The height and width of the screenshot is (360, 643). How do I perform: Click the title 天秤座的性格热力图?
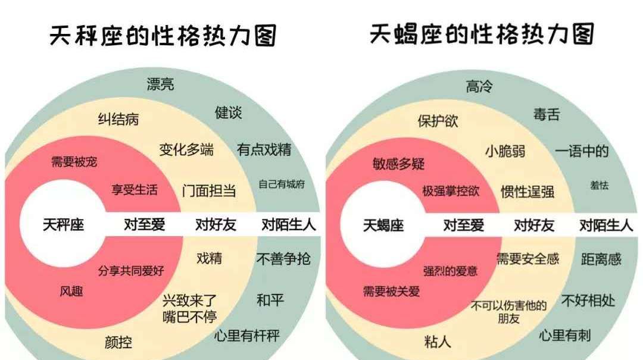click(x=163, y=36)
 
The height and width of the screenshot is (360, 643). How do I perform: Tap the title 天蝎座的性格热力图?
click(x=482, y=34)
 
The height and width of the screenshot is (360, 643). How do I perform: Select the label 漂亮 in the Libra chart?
click(x=161, y=84)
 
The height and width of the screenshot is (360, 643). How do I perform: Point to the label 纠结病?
click(x=118, y=119)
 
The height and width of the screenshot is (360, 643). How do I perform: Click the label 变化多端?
click(x=186, y=149)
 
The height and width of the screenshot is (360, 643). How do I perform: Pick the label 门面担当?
click(x=209, y=190)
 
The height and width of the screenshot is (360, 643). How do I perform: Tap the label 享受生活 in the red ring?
click(x=135, y=190)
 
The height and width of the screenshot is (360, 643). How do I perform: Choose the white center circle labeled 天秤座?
click(x=63, y=225)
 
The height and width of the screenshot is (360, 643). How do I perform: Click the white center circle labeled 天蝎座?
click(x=383, y=226)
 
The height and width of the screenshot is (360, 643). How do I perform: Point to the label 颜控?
click(x=118, y=342)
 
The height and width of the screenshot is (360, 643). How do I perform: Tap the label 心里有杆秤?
click(x=246, y=336)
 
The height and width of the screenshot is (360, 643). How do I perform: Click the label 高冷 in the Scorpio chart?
click(x=479, y=87)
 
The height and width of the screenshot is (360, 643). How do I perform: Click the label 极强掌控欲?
click(x=451, y=191)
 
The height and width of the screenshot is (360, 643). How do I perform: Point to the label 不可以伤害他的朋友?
click(x=509, y=312)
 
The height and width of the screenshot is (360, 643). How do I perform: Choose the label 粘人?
click(x=438, y=342)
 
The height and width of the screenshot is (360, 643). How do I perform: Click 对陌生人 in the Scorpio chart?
click(x=606, y=226)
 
